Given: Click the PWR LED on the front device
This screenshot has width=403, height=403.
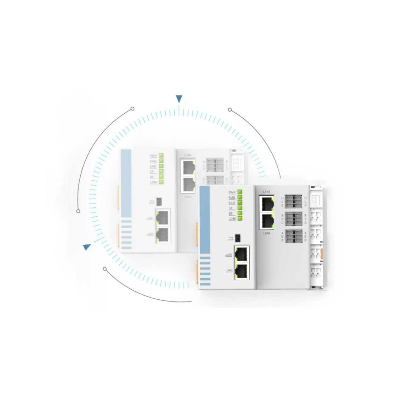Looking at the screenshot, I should coord(240,192).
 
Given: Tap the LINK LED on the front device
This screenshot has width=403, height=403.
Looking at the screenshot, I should coord(240,219).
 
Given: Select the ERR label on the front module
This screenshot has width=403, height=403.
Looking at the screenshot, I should coord(232,203).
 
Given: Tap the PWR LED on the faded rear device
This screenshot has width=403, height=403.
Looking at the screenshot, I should coord(161,155).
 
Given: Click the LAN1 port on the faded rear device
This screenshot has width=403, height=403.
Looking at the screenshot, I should coord(163,217).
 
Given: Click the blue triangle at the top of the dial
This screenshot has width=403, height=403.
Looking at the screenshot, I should coord(179,99).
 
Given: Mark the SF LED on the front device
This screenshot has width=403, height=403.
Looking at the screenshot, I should coord(240,208).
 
